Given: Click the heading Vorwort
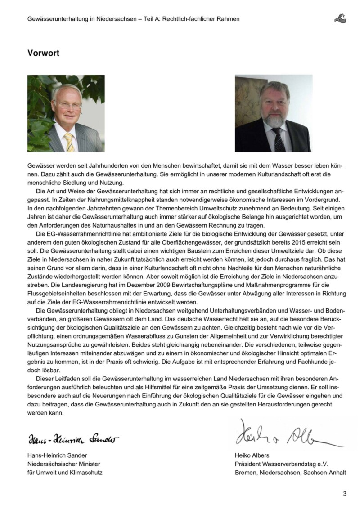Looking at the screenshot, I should pyautogui.click(x=43, y=53).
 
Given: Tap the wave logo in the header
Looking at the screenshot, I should pyautogui.click(x=340, y=18).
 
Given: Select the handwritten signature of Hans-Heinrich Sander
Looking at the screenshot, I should pyautogui.click(x=74, y=438).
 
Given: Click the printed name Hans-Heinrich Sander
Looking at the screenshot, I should pyautogui.click(x=56, y=455).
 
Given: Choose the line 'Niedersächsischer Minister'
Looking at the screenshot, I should pyautogui.click(x=63, y=464).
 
